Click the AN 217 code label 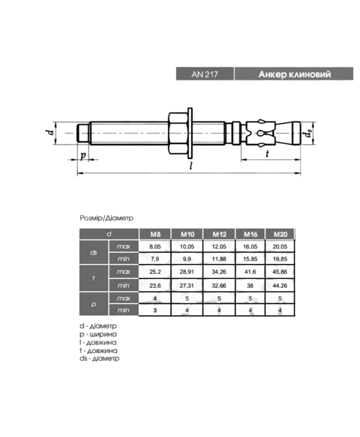pos(204,75)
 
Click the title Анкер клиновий pos(295,74)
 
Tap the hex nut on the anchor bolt pos(177,133)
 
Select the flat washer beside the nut pos(190,133)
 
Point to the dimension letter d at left pos(50,132)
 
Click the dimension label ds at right pos(308,133)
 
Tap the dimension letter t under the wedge pos(267,153)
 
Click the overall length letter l pos(191,166)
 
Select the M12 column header pos(220,234)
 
